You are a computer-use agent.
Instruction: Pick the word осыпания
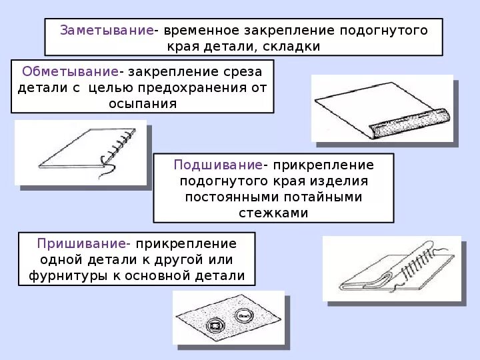click(143, 103)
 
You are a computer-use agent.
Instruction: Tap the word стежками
click(273, 213)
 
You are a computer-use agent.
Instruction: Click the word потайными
click(327, 197)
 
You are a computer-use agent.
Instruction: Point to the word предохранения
click(204, 87)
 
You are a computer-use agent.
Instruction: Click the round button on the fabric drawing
click(244, 314)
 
